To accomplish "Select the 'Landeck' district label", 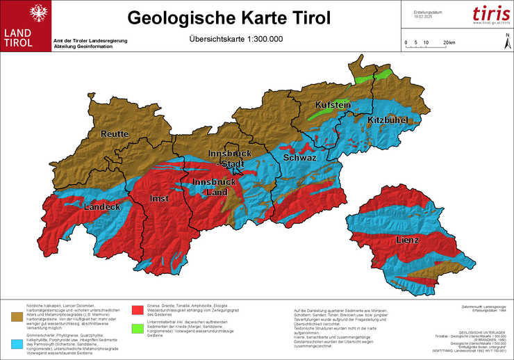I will click(x=102, y=207).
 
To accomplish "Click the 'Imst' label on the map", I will click(x=160, y=199).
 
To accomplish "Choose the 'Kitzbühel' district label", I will click(x=387, y=120).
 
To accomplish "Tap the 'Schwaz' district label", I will click(x=300, y=158).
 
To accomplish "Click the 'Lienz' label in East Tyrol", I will click(x=408, y=240).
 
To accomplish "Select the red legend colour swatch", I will click(x=138, y=308).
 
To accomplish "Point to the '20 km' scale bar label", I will click(x=449, y=42).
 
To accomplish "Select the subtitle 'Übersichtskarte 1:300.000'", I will click(x=236, y=39).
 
